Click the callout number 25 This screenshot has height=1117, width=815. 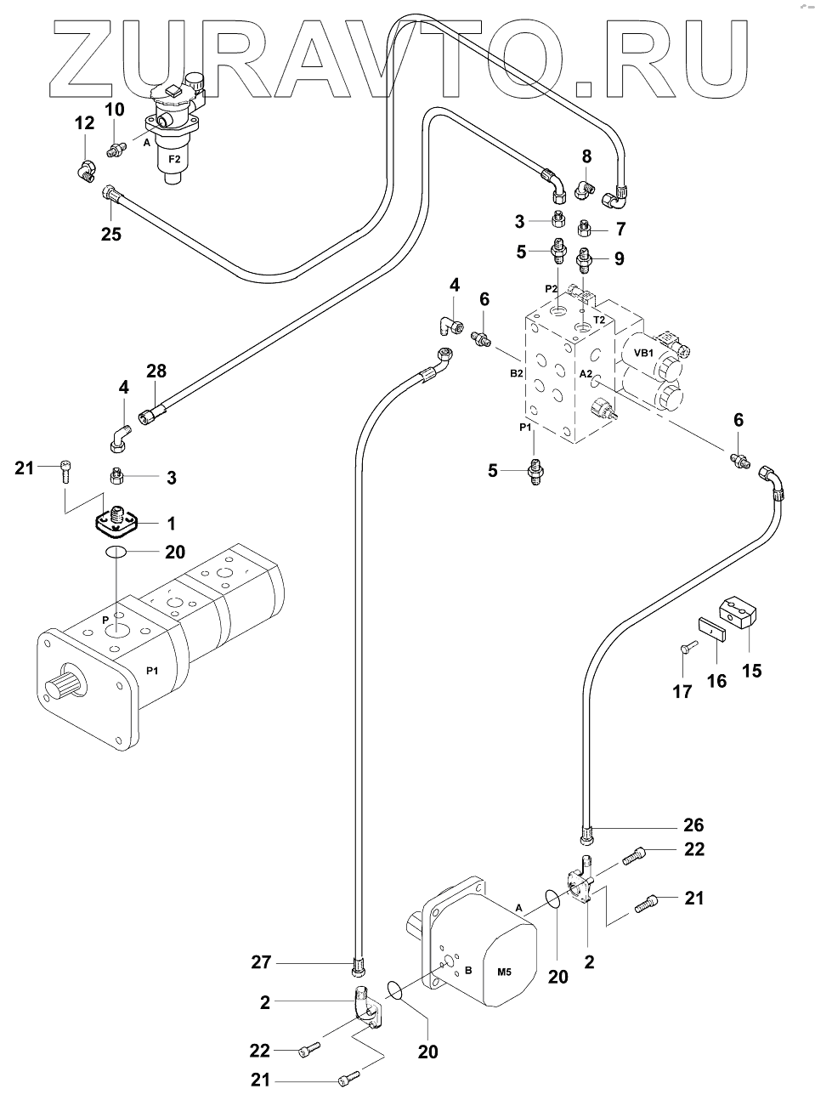point(111,235)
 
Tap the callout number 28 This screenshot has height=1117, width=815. point(156,371)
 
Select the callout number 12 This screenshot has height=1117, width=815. point(84,124)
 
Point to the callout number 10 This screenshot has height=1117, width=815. point(115,109)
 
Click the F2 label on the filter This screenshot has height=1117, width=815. point(174,159)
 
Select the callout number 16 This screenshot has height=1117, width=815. point(717,681)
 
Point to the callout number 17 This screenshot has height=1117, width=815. point(682,692)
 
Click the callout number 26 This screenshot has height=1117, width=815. point(694,825)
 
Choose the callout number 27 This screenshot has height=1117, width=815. point(261,962)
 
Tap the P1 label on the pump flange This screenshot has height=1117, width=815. point(152,672)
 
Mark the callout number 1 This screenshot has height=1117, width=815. point(171,524)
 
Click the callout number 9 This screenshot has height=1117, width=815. point(619,259)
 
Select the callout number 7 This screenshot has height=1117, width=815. point(620,230)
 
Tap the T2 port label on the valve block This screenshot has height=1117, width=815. point(599,320)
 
